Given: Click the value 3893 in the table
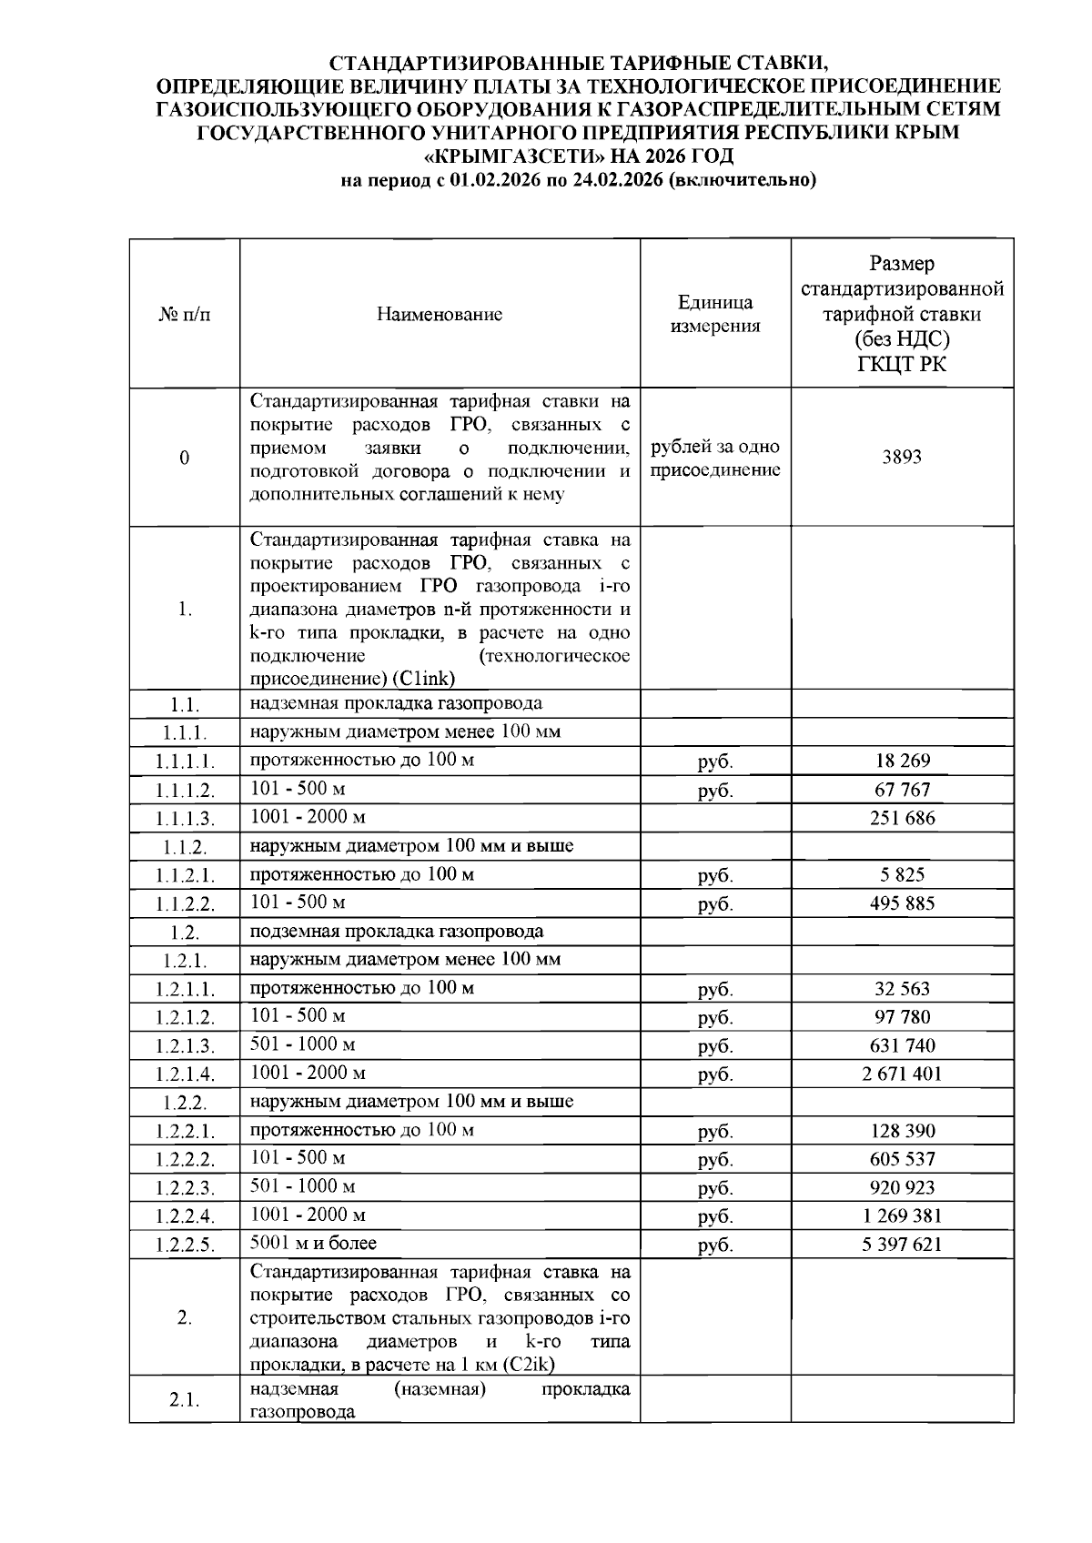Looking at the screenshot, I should coord(901,457).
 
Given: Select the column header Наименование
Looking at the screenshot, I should coord(440,315).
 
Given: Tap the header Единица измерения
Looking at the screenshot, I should coord(715,315).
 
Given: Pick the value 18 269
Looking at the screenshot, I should coord(902,761).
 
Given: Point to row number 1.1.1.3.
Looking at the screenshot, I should coord(185,819).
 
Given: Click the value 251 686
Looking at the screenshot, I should coord(902,818).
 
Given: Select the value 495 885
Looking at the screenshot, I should coord(902,903).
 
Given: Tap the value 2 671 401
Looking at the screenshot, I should coord(902,1074).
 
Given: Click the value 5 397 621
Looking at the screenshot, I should coord(902,1244).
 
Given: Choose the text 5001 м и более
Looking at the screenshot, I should coord(313,1243).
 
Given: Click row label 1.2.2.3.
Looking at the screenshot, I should coord(185,1188).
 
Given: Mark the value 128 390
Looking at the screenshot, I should coord(902,1131).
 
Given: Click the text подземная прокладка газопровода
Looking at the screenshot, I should coord(397,931).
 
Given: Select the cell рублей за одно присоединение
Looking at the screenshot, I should coord(715,459).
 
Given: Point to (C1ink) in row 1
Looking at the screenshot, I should coord(424,679).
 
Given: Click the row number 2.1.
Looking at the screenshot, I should coord(185,1400).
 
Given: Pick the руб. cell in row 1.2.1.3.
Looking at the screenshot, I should coord(715,1046).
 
